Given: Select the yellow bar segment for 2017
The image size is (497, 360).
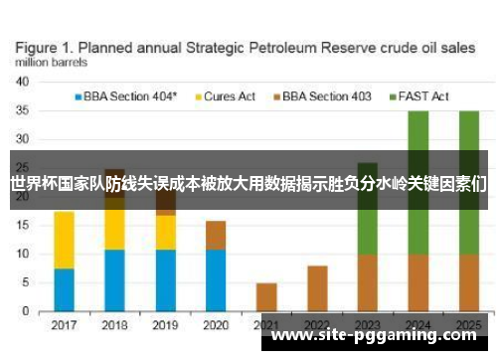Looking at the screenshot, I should coord(64,239).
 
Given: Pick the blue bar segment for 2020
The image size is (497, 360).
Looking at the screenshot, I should coord(216,280).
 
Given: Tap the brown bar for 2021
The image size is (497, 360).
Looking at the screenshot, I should coord(266,297).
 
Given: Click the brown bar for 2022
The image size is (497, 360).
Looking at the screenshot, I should coord(317,288).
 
